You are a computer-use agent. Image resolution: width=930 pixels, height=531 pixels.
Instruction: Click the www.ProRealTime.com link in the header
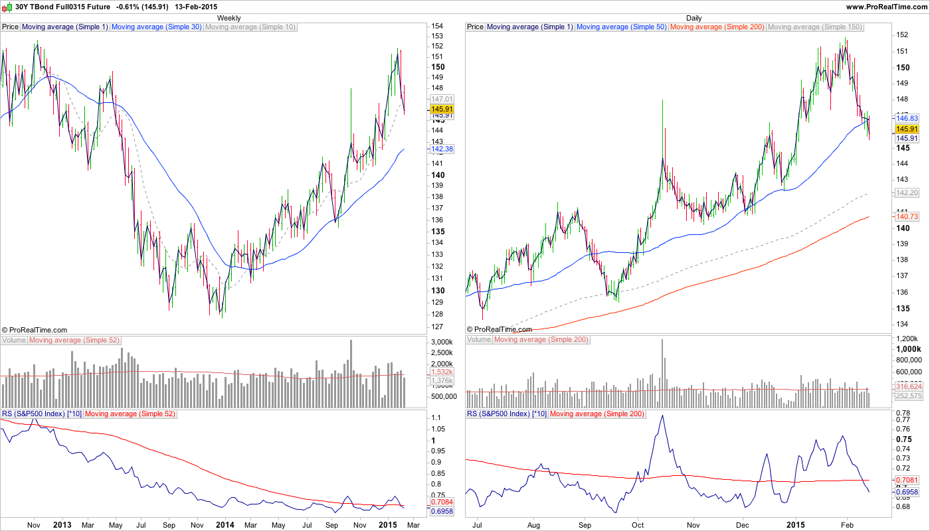click(x=886, y=7)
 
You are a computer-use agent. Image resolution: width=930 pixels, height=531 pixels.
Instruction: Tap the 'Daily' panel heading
click(x=694, y=18)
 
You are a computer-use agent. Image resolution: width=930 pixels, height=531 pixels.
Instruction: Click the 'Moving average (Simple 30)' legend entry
click(x=157, y=27)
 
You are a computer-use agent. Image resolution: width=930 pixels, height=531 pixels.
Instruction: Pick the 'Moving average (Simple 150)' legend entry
click(x=814, y=27)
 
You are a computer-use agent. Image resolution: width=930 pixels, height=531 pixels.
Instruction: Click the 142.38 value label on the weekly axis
click(x=442, y=149)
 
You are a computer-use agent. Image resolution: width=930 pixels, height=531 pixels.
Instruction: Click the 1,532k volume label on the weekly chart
click(x=442, y=372)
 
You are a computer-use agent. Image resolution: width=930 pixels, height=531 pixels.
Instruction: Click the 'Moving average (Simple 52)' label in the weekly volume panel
click(x=74, y=340)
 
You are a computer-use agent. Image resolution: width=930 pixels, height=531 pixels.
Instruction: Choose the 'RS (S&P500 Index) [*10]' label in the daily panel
click(x=506, y=414)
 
